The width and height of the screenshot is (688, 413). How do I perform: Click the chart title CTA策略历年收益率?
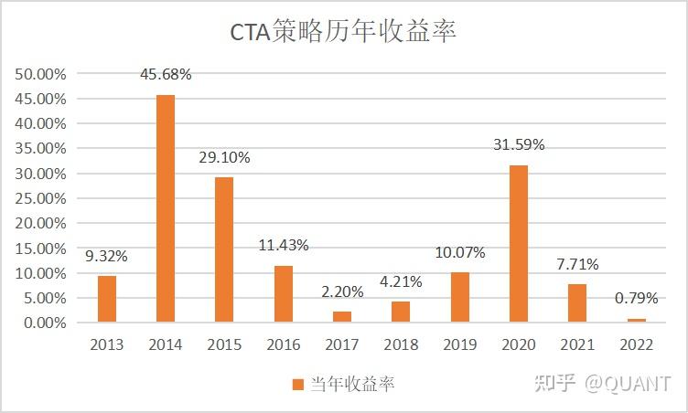pos(343,33)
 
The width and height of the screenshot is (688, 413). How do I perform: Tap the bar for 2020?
pos(519,243)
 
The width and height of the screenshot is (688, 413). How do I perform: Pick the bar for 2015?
pos(224,249)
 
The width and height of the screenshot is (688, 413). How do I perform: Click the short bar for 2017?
pos(342,316)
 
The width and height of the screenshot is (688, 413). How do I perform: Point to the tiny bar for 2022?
pos(636,320)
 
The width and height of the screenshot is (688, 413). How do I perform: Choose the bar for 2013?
pos(107,299)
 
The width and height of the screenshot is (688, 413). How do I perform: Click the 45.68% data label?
pos(166,74)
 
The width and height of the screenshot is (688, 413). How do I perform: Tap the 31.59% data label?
pos(519,144)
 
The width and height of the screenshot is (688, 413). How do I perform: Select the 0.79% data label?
pos(636,298)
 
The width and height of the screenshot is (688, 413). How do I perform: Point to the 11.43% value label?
pos(283,245)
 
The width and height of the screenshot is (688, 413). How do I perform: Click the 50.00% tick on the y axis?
pos(40,73)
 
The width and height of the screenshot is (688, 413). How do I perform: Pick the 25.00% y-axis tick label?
pos(40,197)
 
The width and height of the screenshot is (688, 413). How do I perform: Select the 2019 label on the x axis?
pos(459,344)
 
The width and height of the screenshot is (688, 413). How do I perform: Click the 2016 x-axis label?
pos(283,344)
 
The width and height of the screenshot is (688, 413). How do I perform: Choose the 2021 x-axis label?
pos(577,344)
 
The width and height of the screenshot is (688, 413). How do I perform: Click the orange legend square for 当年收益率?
pos(297,385)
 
